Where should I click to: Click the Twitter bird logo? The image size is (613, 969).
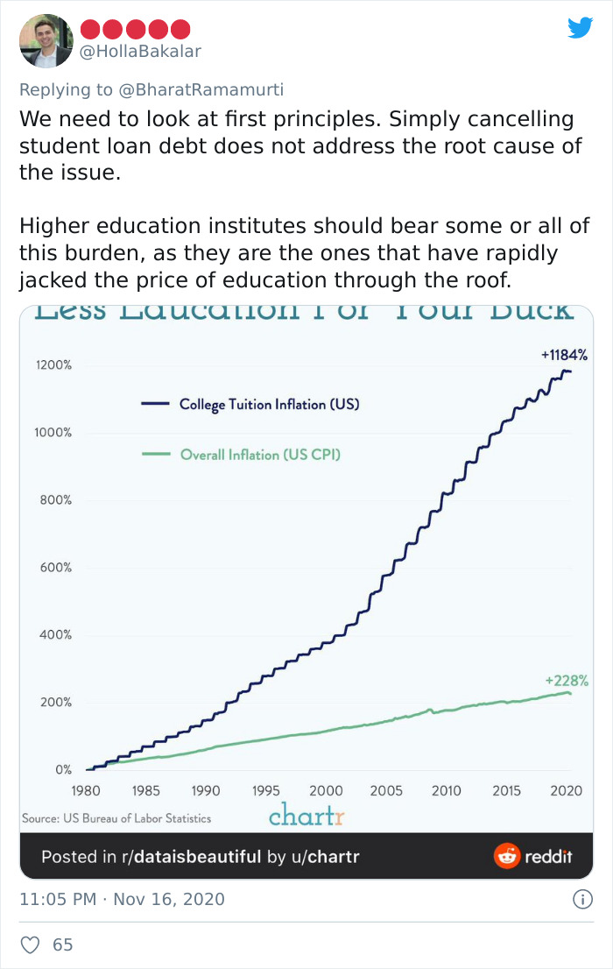580,27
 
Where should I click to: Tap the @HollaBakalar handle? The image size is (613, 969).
141,51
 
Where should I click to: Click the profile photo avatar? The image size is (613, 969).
46,40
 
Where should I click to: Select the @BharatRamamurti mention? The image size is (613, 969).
210,89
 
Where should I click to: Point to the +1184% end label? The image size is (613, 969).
564,355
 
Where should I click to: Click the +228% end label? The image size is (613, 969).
567,680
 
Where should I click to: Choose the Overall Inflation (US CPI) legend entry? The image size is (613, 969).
260,454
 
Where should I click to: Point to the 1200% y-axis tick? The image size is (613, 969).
53,365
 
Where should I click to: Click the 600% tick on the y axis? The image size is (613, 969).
54,568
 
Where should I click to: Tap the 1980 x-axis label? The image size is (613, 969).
86,791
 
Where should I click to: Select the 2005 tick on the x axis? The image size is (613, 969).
386,791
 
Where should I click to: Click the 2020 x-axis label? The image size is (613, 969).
567,791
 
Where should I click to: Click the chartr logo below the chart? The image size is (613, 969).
306,817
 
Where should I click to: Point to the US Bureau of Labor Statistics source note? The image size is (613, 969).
116,818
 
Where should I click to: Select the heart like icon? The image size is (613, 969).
31,944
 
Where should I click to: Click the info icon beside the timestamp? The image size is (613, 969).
579,899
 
